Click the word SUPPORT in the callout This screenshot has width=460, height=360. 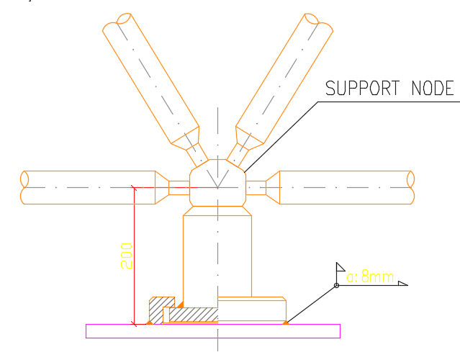point(363,88)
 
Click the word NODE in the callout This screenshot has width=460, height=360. point(433,88)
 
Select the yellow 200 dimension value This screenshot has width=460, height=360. point(127,256)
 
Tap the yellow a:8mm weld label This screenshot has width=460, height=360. point(370,276)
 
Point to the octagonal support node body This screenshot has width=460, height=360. point(217,183)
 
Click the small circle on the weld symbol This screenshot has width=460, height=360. point(336,285)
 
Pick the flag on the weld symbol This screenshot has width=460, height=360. point(340,267)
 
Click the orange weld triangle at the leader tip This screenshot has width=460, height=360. point(286,323)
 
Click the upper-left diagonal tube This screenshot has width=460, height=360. point(150,78)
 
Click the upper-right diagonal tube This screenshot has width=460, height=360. point(284,78)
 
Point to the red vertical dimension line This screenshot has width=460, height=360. point(134,256)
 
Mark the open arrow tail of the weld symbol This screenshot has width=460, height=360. point(403,283)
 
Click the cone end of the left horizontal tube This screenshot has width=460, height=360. point(162,187)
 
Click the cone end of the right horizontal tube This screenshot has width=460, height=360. point(273,187)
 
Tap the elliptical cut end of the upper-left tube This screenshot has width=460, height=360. point(124,18)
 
